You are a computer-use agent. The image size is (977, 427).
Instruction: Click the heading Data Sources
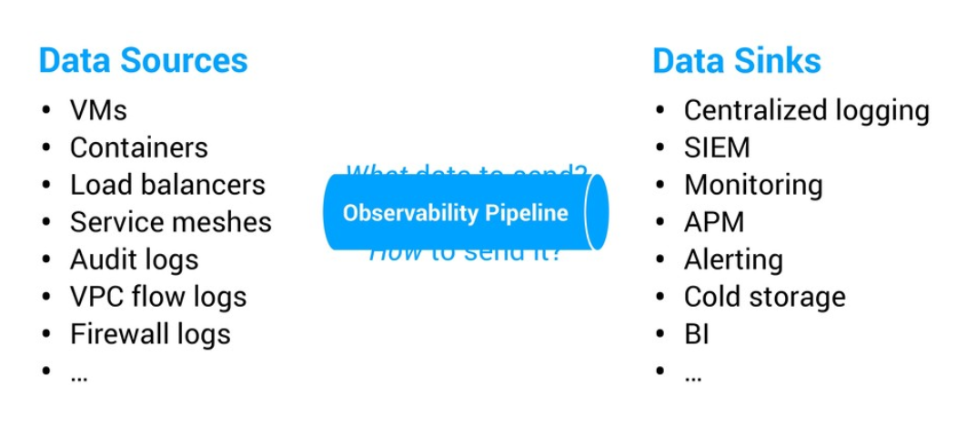[x=143, y=61]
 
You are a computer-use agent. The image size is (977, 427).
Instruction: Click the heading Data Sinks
[x=736, y=61]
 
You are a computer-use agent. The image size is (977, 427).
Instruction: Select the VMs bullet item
[x=98, y=110]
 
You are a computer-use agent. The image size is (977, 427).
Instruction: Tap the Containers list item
[x=138, y=147]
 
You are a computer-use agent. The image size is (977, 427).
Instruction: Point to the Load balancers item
[x=167, y=185]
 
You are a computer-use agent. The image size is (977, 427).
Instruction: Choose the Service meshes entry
[x=170, y=222]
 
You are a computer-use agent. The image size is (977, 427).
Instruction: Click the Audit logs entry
[x=134, y=259]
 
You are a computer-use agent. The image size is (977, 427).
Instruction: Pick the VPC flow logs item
[x=158, y=297]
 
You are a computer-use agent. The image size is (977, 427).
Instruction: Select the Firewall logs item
[x=150, y=334]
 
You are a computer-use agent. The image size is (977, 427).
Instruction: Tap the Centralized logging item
[x=806, y=110]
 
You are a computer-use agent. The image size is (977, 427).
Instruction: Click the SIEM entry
[x=717, y=147]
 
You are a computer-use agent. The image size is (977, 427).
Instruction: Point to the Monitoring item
[x=753, y=185]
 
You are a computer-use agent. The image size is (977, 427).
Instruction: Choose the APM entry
[x=714, y=222]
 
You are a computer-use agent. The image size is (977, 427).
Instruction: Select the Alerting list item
[x=733, y=259]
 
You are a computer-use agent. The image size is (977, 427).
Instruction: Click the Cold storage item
[x=764, y=297]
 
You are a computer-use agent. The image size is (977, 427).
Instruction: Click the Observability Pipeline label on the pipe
[x=455, y=213]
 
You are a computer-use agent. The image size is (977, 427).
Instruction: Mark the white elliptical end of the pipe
[x=596, y=212]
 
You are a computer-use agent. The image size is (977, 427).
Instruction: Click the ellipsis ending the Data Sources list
[x=78, y=373]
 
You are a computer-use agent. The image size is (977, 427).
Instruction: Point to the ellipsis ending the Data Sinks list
[x=692, y=373]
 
